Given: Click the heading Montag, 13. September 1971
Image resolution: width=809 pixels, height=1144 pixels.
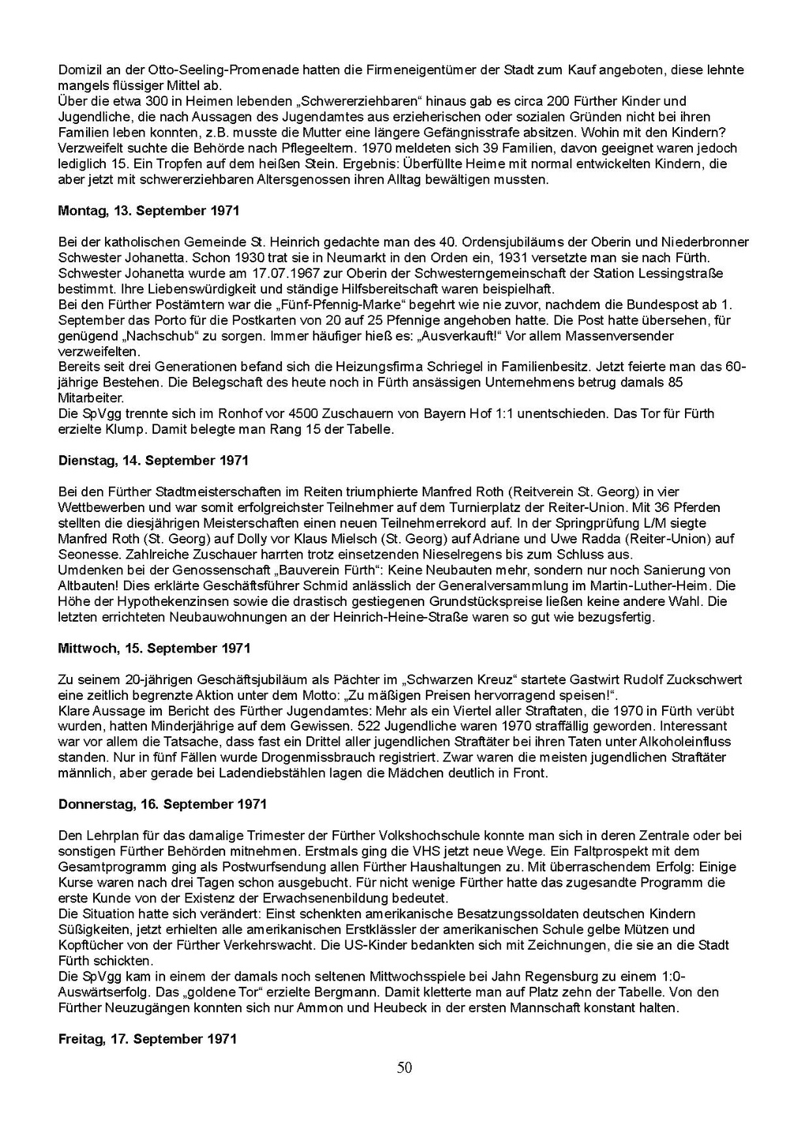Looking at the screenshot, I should tap(149, 211).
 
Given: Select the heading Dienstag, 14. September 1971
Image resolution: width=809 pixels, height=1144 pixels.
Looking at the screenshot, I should tap(153, 460).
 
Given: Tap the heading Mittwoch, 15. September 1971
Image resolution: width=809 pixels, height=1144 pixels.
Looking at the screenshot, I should tap(154, 648).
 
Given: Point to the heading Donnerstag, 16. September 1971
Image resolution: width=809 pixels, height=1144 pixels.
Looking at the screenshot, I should tap(162, 804).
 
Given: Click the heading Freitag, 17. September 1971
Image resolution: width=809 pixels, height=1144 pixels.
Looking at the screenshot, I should tap(148, 1039).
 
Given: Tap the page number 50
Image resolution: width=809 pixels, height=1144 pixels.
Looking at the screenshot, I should tap(404, 1068).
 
